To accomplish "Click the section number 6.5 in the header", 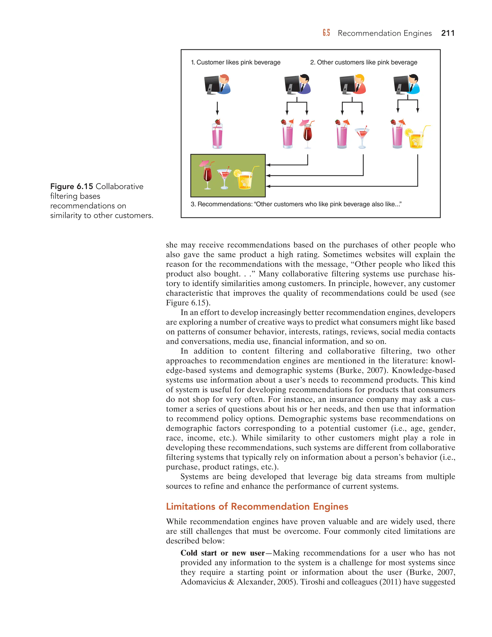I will pos(326,33).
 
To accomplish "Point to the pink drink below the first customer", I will pos(217,135).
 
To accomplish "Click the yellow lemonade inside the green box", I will pos(244,178).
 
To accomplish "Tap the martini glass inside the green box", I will pos(224,178).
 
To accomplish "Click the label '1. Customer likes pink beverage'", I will pos(235,62).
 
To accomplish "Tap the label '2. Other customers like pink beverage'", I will pos(363,62).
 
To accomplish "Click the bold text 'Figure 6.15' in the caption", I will pos(71,186).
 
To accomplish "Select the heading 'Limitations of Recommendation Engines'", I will pos(257,506).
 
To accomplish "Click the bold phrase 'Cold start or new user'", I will pos(222,553).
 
